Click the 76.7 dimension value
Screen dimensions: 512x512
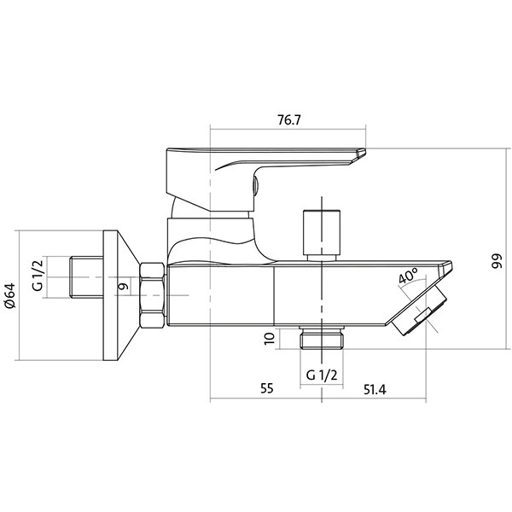click(288, 119)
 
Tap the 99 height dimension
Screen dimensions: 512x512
click(497, 261)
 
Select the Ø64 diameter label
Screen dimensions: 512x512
click(10, 295)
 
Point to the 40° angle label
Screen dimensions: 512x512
click(408, 276)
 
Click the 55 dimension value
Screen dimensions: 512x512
click(266, 388)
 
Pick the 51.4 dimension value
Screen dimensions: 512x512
click(375, 390)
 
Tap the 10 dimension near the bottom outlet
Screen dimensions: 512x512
click(270, 339)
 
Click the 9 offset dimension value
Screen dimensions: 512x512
click(123, 287)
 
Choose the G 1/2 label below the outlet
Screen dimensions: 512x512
click(322, 375)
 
